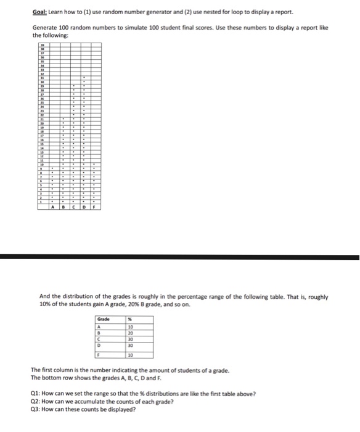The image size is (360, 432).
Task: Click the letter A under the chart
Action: click(x=53, y=207)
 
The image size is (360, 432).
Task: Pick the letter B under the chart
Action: click(x=63, y=207)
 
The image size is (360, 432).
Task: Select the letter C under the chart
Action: click(x=74, y=207)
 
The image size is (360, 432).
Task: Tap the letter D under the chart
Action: click(x=84, y=207)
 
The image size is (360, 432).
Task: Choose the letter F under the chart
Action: click(x=94, y=207)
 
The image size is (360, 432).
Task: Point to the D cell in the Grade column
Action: click(x=97, y=346)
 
